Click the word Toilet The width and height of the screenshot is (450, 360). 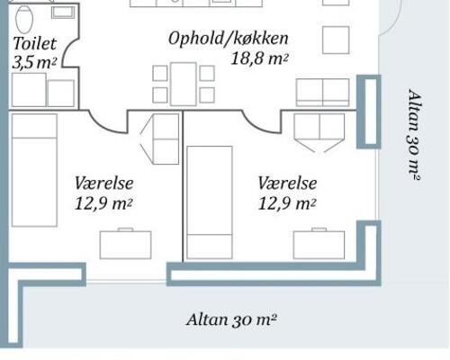pyautogui.click(x=35, y=43)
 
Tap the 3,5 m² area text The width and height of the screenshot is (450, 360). pyautogui.click(x=32, y=63)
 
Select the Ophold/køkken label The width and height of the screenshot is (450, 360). pyautogui.click(x=228, y=39)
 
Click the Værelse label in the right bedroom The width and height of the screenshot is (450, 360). pyautogui.click(x=287, y=183)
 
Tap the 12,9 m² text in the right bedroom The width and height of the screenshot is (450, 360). pyautogui.click(x=287, y=203)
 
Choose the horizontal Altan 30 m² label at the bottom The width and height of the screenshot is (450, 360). pyautogui.click(x=230, y=319)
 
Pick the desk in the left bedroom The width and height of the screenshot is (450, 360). pyautogui.click(x=124, y=243)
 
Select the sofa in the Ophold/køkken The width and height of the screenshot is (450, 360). pyautogui.click(x=322, y=91)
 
